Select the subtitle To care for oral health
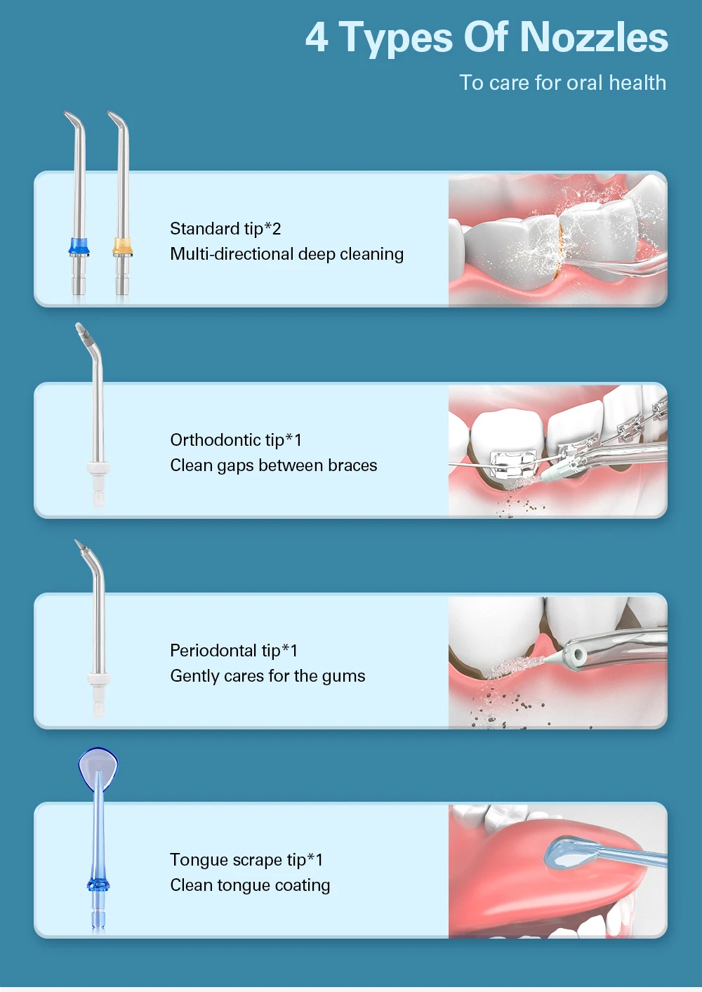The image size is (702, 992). click(x=562, y=83)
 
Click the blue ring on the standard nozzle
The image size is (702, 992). click(x=79, y=246)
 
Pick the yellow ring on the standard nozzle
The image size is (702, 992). click(x=123, y=246)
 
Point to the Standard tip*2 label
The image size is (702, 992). click(x=225, y=229)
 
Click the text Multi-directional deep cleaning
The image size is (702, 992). click(x=286, y=254)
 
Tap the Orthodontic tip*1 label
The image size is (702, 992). click(x=236, y=440)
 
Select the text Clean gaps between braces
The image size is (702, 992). click(x=273, y=465)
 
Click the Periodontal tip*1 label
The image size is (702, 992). click(x=234, y=651)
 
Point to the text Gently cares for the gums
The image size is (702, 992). click(x=267, y=676)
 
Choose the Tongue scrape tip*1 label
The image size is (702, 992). click(x=246, y=860)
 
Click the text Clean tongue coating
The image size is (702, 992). click(x=250, y=885)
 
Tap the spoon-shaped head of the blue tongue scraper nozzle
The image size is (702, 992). click(x=98, y=767)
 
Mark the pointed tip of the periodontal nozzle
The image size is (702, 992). click(x=79, y=545)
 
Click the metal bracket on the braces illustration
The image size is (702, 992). click(x=513, y=464)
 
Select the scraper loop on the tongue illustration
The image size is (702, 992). click(x=565, y=851)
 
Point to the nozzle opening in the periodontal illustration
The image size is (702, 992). click(x=579, y=656)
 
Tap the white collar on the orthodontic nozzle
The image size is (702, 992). click(x=98, y=468)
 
